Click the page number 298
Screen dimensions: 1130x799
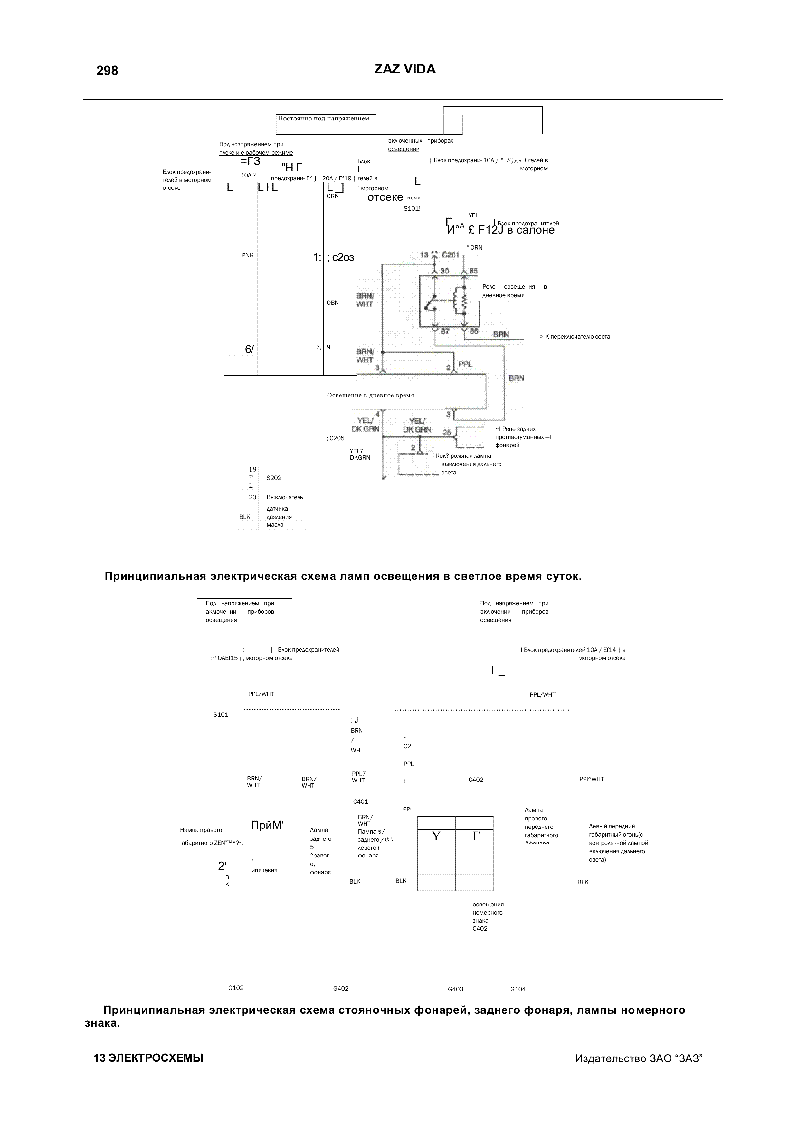[107, 71]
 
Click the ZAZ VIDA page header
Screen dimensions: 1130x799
[404, 69]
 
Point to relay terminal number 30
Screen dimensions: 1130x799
[444, 271]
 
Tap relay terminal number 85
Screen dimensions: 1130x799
[473, 271]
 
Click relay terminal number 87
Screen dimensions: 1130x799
[445, 332]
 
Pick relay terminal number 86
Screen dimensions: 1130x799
[474, 332]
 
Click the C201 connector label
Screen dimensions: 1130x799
[450, 255]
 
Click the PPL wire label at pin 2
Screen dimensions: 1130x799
[465, 364]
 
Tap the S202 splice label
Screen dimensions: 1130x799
[273, 478]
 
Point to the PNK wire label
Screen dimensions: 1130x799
[247, 255]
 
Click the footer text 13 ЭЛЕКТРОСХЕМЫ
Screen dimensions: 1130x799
[148, 1058]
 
